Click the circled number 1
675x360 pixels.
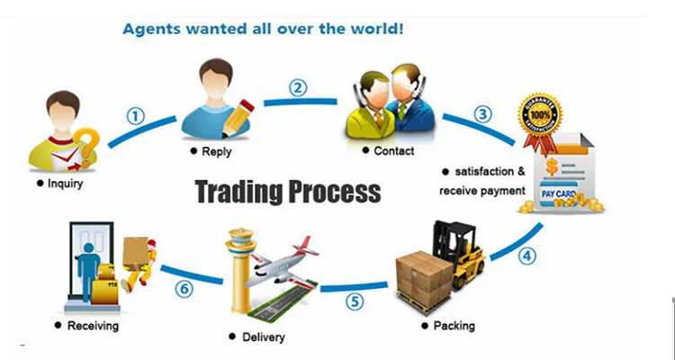135,116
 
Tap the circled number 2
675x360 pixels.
298,88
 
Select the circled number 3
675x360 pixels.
484,114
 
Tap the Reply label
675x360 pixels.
215,151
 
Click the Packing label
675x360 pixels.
454,325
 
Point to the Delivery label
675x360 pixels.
263,337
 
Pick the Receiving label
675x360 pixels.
92,325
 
